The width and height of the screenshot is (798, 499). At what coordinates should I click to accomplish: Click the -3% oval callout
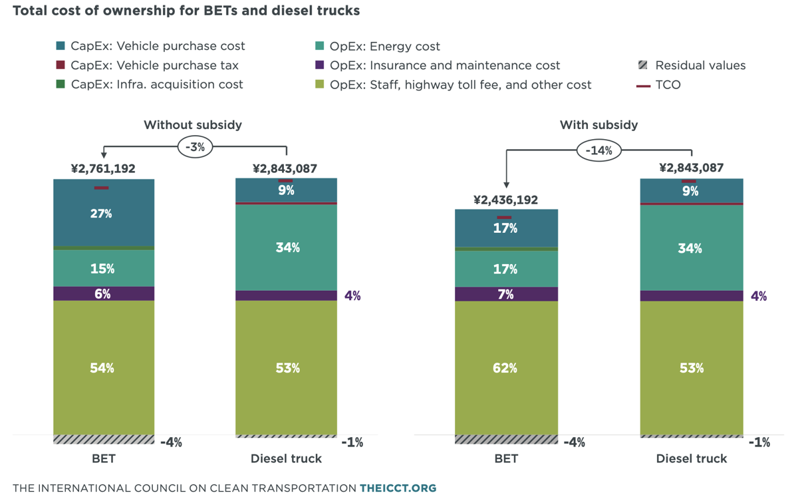pyautogui.click(x=196, y=147)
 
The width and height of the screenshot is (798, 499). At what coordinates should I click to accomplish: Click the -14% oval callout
pyautogui.click(x=599, y=150)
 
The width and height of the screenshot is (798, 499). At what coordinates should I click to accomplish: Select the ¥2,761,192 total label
pyautogui.click(x=103, y=168)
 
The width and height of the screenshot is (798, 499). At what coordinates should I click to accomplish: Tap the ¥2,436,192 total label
pyautogui.click(x=505, y=200)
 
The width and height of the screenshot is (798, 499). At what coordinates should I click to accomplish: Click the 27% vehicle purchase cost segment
pyautogui.click(x=104, y=212)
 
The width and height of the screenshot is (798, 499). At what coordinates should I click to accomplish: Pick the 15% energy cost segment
pyautogui.click(x=104, y=268)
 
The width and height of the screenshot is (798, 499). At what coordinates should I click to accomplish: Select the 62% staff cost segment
pyautogui.click(x=506, y=368)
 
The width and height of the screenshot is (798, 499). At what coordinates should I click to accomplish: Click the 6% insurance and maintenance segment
pyautogui.click(x=104, y=293)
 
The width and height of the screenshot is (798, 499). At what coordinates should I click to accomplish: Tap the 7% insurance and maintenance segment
pyautogui.click(x=506, y=294)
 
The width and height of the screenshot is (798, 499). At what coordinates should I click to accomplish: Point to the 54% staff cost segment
pyautogui.click(x=104, y=368)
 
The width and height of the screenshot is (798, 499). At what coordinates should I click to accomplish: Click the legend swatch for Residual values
pyautogui.click(x=642, y=65)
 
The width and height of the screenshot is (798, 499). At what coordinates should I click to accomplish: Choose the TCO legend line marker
pyautogui.click(x=643, y=86)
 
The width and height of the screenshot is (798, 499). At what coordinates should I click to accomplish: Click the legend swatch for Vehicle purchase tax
pyautogui.click(x=61, y=65)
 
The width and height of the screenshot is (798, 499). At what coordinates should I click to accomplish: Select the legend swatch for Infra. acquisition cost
pyautogui.click(x=61, y=84)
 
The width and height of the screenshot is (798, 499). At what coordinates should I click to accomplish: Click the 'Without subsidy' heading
pyautogui.click(x=193, y=125)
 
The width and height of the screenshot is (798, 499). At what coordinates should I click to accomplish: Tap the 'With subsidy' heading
pyautogui.click(x=598, y=125)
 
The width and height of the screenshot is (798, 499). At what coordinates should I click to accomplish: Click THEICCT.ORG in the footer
pyautogui.click(x=398, y=488)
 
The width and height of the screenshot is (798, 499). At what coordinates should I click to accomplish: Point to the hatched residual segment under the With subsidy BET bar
pyautogui.click(x=506, y=440)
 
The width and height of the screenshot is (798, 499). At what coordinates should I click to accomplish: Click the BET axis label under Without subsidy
pyautogui.click(x=104, y=458)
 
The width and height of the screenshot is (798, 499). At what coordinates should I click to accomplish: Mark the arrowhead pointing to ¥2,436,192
pyautogui.click(x=506, y=185)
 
